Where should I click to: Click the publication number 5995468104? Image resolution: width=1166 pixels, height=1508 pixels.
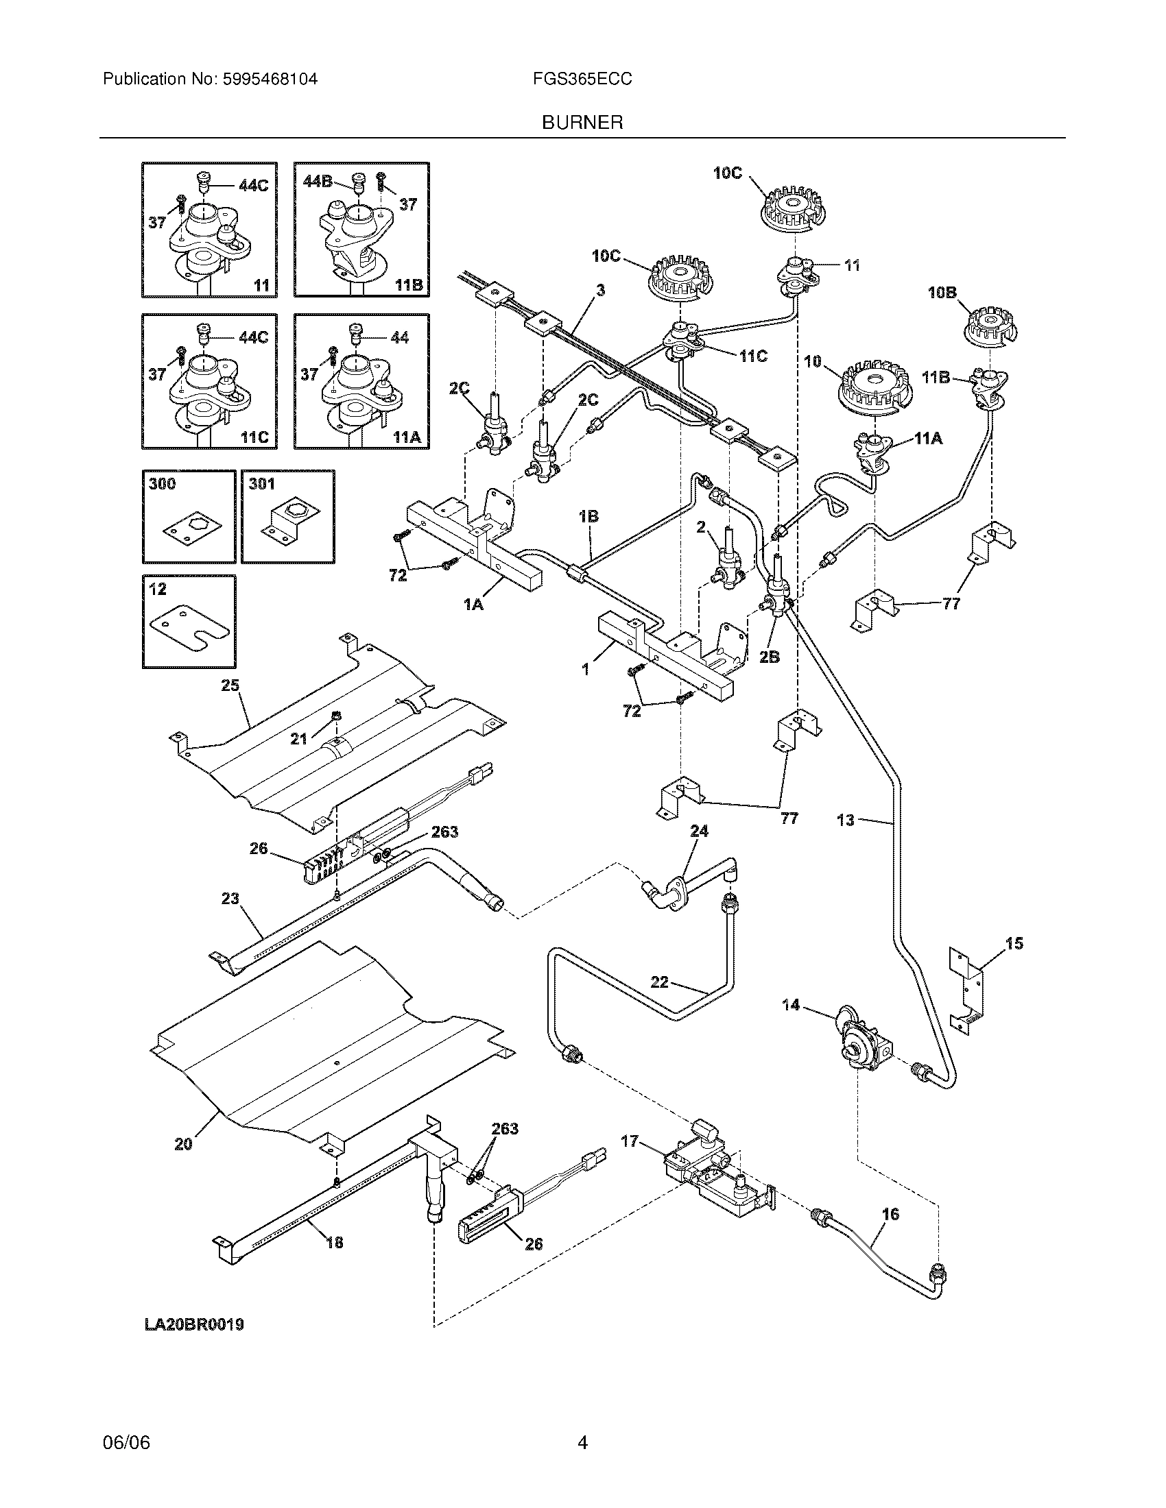pos(270,80)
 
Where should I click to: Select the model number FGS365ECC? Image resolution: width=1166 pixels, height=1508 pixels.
pos(582,80)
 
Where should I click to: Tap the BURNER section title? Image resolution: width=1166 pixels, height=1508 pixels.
pos(582,123)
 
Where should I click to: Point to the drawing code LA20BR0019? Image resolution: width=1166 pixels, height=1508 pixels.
pos(194,1324)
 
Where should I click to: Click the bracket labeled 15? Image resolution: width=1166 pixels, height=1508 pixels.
pos(967,991)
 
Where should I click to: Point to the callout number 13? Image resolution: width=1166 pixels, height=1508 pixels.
pos(846,820)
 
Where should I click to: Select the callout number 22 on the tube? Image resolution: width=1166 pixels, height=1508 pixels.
pos(660,981)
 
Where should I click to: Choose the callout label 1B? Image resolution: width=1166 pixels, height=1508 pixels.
pos(588,515)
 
